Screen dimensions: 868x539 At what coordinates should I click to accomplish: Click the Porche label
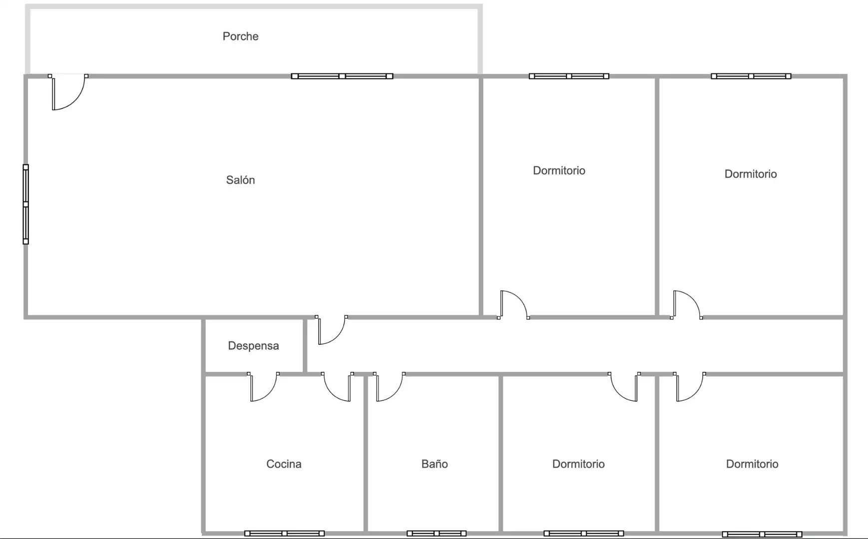point(240,36)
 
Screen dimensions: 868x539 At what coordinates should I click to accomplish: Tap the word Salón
point(240,180)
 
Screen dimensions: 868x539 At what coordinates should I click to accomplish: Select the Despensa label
point(253,346)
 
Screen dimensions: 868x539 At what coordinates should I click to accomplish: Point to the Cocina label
point(284,464)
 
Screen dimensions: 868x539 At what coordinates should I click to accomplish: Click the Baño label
point(434,464)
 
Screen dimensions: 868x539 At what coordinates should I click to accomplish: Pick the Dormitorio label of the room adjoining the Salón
point(559,171)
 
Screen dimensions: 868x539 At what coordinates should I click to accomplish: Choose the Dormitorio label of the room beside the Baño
point(578,464)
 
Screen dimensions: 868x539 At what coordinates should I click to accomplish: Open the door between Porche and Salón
point(68,92)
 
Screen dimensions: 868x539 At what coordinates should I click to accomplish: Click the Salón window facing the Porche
point(342,76)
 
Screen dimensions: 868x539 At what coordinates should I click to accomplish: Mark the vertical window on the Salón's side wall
point(26,204)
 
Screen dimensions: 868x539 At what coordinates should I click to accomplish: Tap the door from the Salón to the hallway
point(331,330)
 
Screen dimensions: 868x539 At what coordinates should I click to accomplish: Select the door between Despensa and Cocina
point(264,387)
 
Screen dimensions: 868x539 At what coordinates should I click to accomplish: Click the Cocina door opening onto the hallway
point(338,387)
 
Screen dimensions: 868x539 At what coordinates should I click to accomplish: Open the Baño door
point(389,387)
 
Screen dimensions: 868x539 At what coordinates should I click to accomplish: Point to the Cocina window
point(284,534)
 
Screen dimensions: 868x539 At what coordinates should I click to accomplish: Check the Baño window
point(436,534)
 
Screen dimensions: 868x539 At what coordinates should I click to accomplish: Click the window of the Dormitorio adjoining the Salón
point(569,76)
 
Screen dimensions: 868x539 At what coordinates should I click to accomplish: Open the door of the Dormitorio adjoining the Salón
point(513,304)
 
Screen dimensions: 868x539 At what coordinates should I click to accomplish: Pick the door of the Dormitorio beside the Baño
point(624,387)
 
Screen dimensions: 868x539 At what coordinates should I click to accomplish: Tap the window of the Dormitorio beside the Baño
point(584,534)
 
